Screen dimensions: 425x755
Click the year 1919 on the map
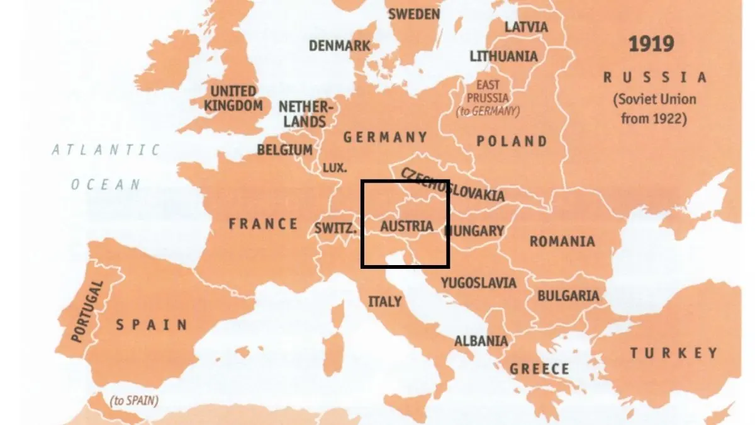pyautogui.click(x=651, y=45)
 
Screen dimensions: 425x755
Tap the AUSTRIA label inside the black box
pyautogui.click(x=407, y=226)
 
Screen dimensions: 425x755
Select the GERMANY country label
pyautogui.click(x=385, y=137)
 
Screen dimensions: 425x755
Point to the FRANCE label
pyautogui.click(x=263, y=224)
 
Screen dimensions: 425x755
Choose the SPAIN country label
pyautogui.click(x=152, y=325)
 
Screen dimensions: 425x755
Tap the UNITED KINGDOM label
pyautogui.click(x=233, y=99)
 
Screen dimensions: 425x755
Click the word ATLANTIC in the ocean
pyautogui.click(x=106, y=150)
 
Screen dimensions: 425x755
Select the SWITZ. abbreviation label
pyautogui.click(x=335, y=229)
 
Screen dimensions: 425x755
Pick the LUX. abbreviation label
pyautogui.click(x=334, y=168)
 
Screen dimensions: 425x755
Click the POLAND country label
pyautogui.click(x=512, y=141)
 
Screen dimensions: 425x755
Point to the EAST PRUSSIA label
pyautogui.click(x=488, y=92)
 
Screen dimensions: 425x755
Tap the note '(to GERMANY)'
pyautogui.click(x=488, y=111)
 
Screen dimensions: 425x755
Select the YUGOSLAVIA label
pyautogui.click(x=478, y=282)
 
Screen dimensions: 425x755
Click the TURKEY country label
pyautogui.click(x=674, y=353)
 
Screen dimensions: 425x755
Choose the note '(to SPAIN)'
pyautogui.click(x=133, y=400)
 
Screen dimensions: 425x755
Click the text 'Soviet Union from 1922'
pyautogui.click(x=654, y=108)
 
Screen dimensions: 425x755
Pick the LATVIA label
pyautogui.click(x=526, y=27)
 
